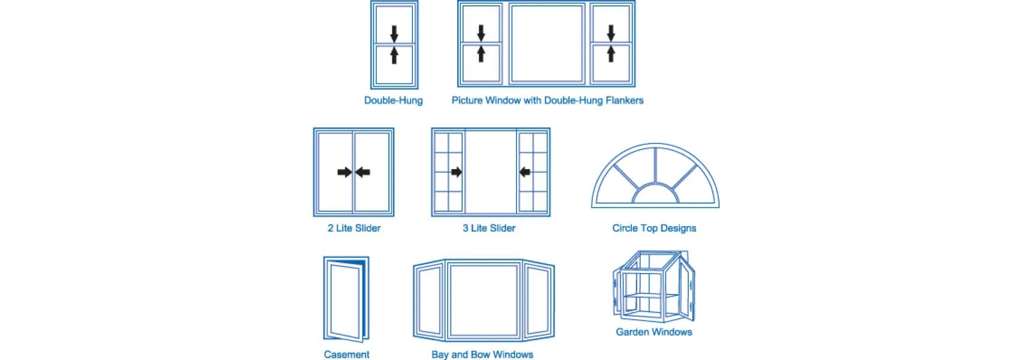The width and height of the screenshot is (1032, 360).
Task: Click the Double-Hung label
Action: [393, 100]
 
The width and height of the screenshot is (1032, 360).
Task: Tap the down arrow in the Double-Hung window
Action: [394, 33]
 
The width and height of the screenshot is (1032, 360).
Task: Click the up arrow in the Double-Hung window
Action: [394, 55]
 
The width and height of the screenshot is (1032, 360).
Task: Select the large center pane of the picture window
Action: [547, 43]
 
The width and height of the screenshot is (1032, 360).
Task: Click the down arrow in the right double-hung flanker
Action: [611, 32]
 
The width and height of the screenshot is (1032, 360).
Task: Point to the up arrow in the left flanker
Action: [481, 53]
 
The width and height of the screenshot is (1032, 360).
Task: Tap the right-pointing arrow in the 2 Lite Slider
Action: [344, 172]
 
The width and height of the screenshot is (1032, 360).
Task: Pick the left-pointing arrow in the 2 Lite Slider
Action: [362, 172]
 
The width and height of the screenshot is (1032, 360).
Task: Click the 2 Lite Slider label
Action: [354, 228]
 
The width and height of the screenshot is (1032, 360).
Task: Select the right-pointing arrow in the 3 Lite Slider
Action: [456, 172]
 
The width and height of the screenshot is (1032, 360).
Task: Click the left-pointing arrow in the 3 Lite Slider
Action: [525, 172]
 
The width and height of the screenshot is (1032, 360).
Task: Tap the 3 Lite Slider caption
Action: [489, 228]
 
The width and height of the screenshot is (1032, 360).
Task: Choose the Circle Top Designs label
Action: [654, 228]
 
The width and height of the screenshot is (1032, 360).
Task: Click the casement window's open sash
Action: [345, 301]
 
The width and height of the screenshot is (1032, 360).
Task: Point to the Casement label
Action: [346, 355]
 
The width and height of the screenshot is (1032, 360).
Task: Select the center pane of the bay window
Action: [484, 300]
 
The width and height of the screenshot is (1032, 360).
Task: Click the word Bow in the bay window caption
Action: [481, 355]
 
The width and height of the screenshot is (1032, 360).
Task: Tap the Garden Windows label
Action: [654, 332]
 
